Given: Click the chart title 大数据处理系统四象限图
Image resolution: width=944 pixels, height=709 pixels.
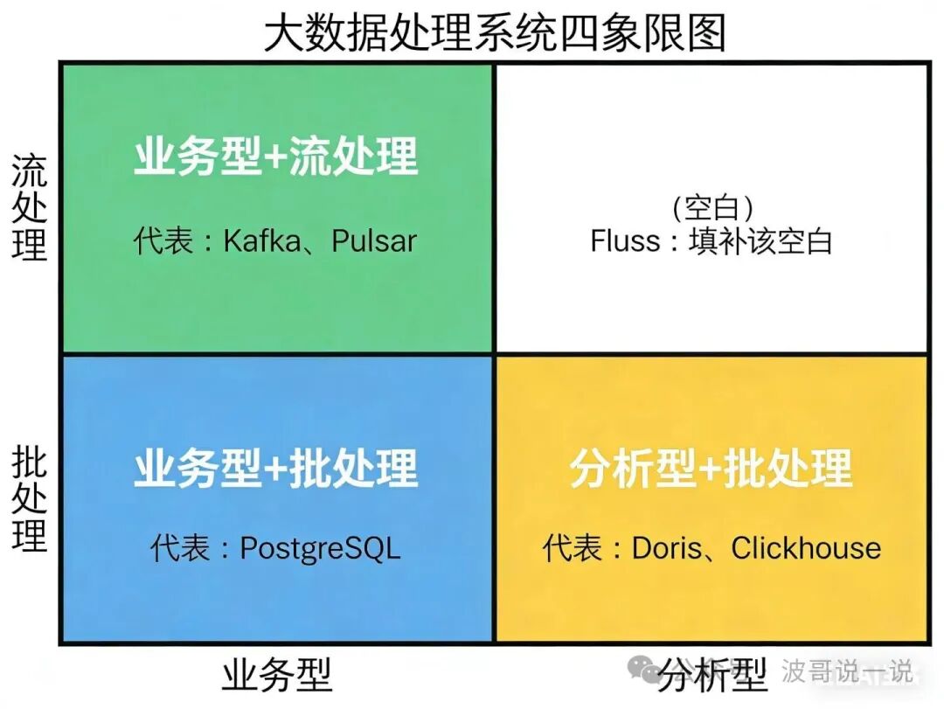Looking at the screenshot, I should pyautogui.click(x=495, y=33).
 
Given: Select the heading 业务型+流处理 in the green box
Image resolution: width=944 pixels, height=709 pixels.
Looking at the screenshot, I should pyautogui.click(x=275, y=158).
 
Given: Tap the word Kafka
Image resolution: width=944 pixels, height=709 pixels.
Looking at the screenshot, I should pyautogui.click(x=261, y=240).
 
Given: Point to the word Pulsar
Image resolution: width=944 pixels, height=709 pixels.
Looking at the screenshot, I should pyautogui.click(x=374, y=240).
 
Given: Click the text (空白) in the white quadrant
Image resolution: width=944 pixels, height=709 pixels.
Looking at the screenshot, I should pyautogui.click(x=713, y=207).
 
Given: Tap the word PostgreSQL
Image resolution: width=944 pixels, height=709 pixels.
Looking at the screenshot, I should pyautogui.click(x=320, y=549).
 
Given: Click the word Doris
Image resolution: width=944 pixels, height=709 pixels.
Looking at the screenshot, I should pyautogui.click(x=667, y=549).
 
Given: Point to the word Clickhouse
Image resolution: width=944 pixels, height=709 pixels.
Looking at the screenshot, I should pyautogui.click(x=806, y=549).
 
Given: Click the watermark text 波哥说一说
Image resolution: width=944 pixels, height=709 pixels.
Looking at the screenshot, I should pyautogui.click(x=846, y=671).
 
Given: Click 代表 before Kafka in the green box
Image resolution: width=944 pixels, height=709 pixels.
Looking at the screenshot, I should pyautogui.click(x=163, y=240).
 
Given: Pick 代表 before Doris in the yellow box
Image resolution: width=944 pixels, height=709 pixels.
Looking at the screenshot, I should pyautogui.click(x=573, y=549).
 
